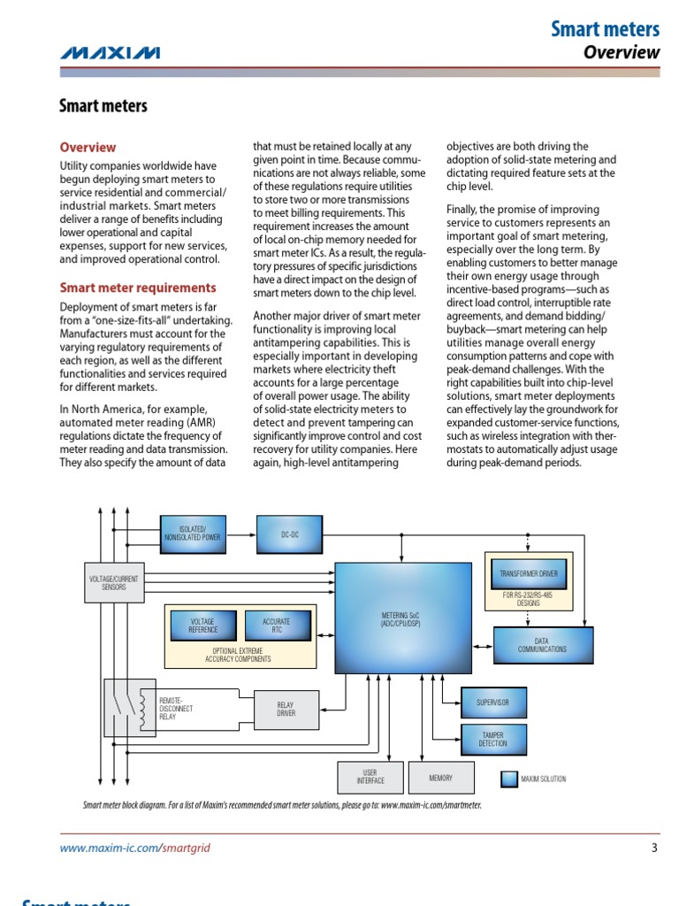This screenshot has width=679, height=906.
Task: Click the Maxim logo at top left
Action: point(110,53)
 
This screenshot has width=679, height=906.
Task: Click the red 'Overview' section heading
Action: point(88,148)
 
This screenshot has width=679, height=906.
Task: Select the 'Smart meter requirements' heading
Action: point(137,288)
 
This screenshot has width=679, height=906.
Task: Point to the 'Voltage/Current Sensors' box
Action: point(113,582)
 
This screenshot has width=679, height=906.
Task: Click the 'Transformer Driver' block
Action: point(528,574)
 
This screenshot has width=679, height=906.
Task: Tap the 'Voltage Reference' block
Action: point(202,626)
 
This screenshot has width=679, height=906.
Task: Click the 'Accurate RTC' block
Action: point(276,626)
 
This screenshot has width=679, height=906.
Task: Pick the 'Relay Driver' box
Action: point(286,709)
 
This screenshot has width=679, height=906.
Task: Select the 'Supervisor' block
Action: point(492,703)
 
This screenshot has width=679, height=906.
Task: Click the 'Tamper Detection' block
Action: point(492,740)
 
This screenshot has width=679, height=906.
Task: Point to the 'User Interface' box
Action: point(370,778)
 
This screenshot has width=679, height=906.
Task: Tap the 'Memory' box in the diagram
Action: point(440,778)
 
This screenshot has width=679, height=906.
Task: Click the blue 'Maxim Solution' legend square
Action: point(509,779)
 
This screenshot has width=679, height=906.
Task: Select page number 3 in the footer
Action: point(654,848)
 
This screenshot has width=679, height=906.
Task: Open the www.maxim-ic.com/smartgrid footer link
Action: point(134,848)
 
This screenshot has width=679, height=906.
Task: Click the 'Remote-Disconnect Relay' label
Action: point(176,708)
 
